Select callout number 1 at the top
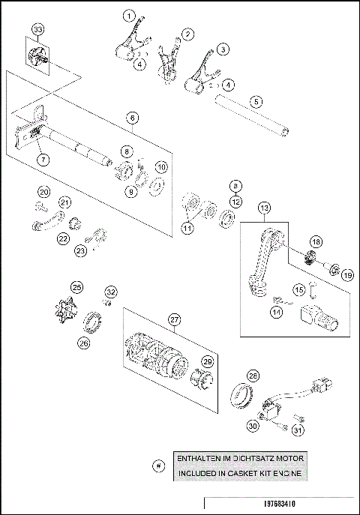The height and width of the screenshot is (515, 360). [130, 15]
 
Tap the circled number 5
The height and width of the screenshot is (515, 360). [256, 100]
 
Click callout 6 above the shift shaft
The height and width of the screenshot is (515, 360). [132, 118]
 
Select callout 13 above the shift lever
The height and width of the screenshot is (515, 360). [264, 208]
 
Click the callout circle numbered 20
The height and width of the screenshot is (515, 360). [44, 192]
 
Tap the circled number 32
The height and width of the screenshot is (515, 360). [110, 292]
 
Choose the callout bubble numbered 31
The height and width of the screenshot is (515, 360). [297, 430]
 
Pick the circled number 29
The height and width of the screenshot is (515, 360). [208, 361]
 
